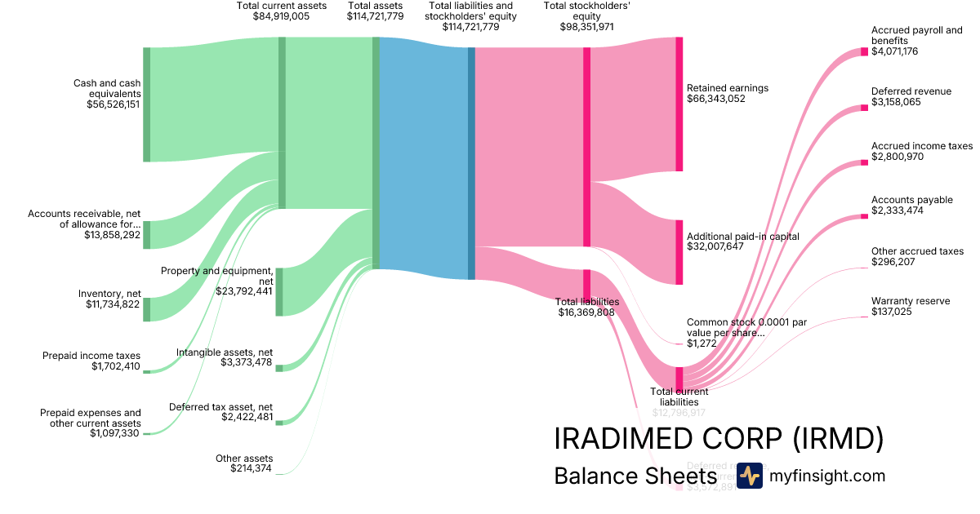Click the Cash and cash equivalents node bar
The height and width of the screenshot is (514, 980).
(147, 104)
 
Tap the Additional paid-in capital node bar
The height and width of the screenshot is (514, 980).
(679, 252)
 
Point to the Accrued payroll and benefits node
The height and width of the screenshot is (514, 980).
(864, 52)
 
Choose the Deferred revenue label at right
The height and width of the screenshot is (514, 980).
(911, 91)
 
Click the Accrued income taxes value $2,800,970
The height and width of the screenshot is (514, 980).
(898, 157)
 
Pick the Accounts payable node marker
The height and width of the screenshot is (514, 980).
(864, 216)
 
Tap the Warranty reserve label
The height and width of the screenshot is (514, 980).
(911, 301)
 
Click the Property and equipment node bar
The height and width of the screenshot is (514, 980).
(279, 291)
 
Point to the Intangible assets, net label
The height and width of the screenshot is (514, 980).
(225, 352)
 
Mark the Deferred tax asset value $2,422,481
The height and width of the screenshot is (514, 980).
(247, 417)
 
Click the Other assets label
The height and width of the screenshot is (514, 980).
(244, 459)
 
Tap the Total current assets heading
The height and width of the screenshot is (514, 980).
(281, 6)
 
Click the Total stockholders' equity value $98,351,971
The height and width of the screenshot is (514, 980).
(586, 27)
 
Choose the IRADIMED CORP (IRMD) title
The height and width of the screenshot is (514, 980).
(719, 439)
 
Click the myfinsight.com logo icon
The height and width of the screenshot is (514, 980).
(750, 476)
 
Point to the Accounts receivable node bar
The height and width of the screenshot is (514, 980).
(147, 234)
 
